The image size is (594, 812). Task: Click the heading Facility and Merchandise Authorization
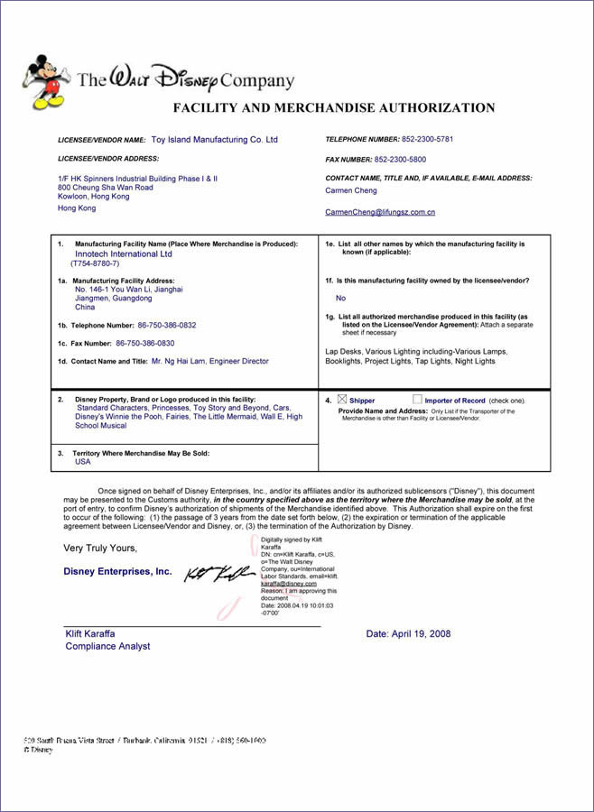pyautogui.click(x=333, y=108)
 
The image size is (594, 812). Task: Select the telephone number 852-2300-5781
pyautogui.click(x=428, y=140)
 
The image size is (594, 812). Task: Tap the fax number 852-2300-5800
pyautogui.click(x=400, y=160)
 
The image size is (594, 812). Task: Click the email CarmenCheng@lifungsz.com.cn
pyautogui.click(x=380, y=212)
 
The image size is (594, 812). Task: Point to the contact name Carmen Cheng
pyautogui.click(x=351, y=191)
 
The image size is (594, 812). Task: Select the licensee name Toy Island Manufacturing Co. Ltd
pyautogui.click(x=214, y=140)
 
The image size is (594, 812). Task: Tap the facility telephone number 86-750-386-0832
pyautogui.click(x=167, y=325)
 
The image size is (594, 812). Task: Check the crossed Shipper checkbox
pyautogui.click(x=341, y=399)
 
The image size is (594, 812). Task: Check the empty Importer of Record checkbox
pyautogui.click(x=417, y=399)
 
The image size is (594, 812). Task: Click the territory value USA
pyautogui.click(x=83, y=461)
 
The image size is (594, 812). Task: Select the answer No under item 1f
pyautogui.click(x=340, y=298)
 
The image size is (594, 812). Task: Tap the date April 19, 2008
pyautogui.click(x=408, y=634)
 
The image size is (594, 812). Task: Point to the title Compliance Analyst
pyautogui.click(x=107, y=646)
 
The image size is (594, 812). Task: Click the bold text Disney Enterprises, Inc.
pyautogui.click(x=117, y=571)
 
